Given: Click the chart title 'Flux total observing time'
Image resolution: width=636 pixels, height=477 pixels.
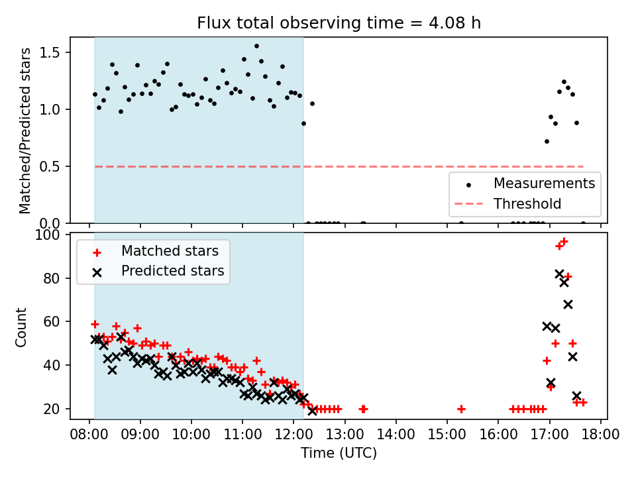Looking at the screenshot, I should [339, 23].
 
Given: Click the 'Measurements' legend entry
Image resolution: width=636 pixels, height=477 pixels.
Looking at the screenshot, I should [543, 182].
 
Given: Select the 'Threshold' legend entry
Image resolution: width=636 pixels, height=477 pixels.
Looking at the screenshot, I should [527, 204].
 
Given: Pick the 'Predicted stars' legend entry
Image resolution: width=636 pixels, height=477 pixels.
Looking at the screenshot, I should [172, 271].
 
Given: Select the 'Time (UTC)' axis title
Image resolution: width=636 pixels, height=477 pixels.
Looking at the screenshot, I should [339, 453].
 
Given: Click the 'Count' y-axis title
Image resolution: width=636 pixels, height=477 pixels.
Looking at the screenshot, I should [22, 327].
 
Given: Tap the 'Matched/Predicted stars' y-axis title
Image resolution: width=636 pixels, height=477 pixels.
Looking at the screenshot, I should [25, 131].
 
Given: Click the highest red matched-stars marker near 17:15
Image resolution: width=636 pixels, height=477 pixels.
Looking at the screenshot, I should [564, 242].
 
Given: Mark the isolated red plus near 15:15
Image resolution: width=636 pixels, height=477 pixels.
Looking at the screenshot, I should [461, 409].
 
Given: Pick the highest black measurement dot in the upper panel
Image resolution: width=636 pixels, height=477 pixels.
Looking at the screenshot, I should [256, 46].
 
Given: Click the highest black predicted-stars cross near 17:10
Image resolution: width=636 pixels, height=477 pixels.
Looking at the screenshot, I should [559, 274].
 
